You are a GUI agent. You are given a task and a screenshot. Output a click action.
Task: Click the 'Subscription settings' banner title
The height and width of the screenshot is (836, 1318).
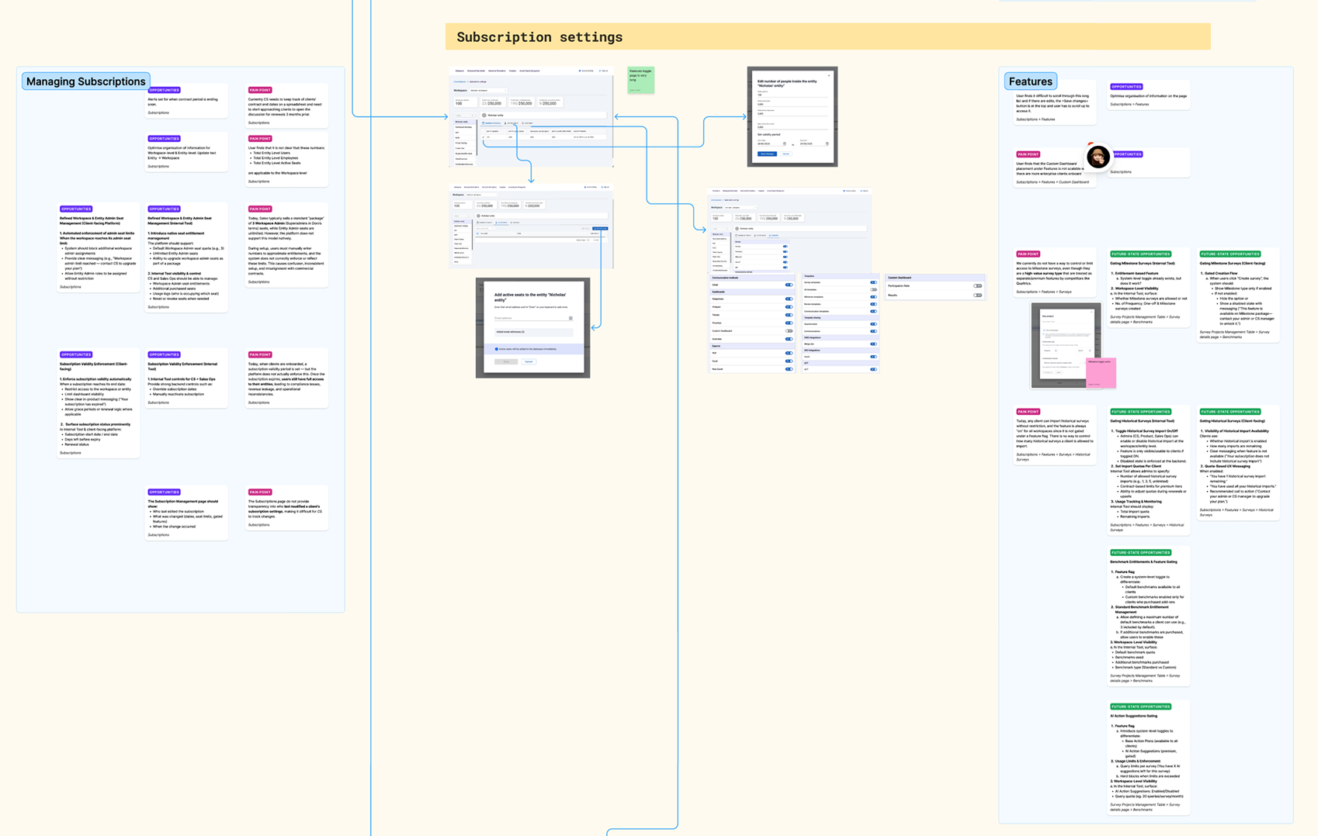539,37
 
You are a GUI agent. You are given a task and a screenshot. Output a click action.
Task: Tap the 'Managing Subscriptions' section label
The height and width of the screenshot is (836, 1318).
85,81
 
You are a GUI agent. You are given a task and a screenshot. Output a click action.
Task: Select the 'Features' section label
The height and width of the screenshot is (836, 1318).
1030,81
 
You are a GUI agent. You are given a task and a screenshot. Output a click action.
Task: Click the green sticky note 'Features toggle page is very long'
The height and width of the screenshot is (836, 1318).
640,79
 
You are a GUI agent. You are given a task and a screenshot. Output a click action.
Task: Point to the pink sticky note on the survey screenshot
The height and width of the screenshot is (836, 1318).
1101,371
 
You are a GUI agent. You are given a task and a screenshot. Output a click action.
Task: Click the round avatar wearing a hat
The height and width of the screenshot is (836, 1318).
1098,157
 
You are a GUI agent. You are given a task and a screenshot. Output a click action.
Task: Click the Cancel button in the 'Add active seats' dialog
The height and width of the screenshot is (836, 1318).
529,361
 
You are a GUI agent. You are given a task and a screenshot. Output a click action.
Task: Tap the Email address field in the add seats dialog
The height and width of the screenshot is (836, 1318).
532,318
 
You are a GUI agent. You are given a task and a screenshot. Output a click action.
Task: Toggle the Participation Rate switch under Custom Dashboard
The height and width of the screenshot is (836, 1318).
977,286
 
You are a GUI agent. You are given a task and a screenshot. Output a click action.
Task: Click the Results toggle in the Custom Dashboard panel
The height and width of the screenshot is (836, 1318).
977,295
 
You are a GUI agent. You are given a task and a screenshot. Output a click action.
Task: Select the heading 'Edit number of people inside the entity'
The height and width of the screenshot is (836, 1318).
787,83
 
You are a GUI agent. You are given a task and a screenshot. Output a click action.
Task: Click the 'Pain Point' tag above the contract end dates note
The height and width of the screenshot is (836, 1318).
260,90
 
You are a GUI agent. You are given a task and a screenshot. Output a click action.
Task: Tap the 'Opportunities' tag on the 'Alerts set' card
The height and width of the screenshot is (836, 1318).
164,90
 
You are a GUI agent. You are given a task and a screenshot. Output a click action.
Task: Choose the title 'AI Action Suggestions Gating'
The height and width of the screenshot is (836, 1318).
1134,716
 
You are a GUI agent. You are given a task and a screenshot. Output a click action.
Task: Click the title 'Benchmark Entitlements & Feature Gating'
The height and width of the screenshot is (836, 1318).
1143,561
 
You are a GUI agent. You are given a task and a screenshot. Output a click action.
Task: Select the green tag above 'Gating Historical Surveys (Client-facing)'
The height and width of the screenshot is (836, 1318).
1230,412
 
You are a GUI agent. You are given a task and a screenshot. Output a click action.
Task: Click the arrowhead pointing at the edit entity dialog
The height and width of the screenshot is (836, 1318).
744,117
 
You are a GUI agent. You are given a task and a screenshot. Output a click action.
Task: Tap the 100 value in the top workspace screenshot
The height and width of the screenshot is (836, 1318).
459,103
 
